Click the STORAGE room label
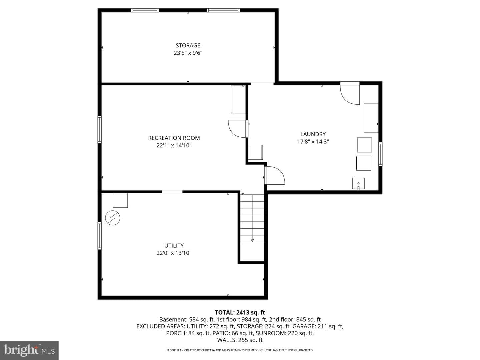click(188, 45)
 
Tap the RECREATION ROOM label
click(174, 138)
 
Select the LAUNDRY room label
click(313, 134)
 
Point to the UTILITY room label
click(174, 245)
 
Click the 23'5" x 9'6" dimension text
click(188, 53)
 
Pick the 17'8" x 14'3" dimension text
click(313, 141)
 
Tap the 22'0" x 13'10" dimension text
click(174, 253)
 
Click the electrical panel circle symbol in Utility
click(113, 218)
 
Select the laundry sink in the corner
click(358, 184)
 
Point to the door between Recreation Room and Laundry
click(238, 129)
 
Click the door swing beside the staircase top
click(275, 175)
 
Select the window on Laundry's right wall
click(380, 154)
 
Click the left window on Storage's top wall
click(145, 10)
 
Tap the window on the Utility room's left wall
click(99, 236)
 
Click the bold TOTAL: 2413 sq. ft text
click(240, 312)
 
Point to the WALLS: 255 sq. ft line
click(240, 340)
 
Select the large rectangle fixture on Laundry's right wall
click(371, 118)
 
